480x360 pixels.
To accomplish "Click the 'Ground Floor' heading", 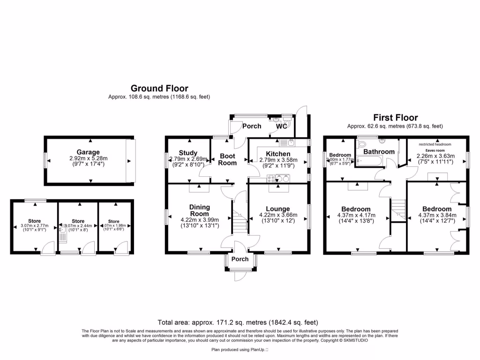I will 159,88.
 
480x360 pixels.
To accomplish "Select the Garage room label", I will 89,152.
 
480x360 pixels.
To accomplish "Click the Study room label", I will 188,153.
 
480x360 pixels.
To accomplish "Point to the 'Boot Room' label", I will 228,159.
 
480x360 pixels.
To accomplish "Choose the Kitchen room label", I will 278,153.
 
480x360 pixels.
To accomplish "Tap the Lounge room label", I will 278,209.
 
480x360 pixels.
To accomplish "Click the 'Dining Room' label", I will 200,210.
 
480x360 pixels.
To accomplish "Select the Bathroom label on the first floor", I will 379,151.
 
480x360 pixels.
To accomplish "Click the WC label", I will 282,126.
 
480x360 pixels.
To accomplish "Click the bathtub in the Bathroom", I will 371,162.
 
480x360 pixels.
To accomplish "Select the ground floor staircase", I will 240,220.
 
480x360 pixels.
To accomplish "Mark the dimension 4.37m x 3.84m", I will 436,216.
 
